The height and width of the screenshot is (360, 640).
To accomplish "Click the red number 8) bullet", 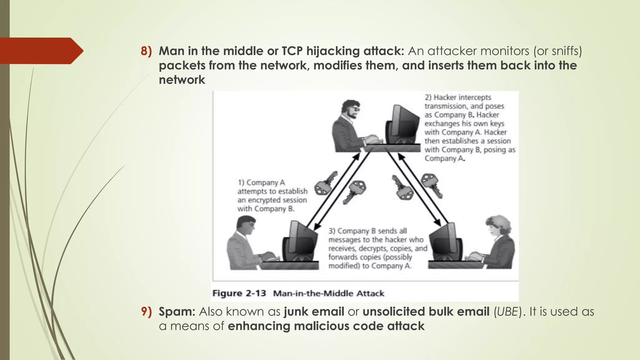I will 146,51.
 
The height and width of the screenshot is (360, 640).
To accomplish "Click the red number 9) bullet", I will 146,312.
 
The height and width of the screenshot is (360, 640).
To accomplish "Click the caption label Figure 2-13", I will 239,293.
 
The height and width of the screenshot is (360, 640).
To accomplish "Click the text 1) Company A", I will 261,182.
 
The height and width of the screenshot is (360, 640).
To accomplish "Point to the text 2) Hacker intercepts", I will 458,97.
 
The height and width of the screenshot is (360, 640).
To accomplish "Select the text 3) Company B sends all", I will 367,231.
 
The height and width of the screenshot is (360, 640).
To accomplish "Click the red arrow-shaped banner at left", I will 41,51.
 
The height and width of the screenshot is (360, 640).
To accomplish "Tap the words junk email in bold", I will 314,312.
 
